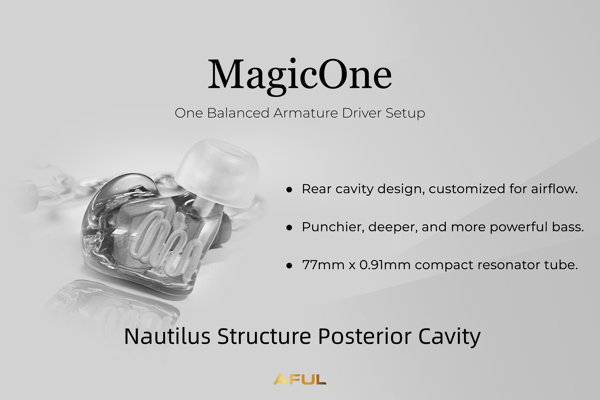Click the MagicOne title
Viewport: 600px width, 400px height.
coord(300,77)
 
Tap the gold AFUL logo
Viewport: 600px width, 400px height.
coord(300,379)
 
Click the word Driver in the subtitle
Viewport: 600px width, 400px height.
coord(362,113)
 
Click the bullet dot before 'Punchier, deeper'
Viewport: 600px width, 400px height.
coord(289,228)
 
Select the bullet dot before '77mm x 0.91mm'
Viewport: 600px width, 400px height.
coord(289,266)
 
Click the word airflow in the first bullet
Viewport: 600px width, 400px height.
coord(554,189)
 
